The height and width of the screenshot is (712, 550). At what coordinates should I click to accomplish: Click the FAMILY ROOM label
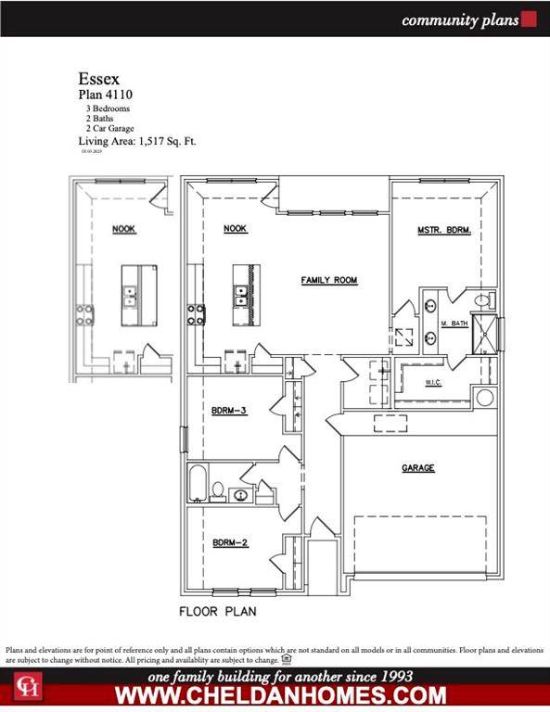coord(328,280)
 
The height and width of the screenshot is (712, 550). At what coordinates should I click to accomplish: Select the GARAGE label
coord(418,468)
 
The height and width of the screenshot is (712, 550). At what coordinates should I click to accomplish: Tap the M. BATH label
coord(452,323)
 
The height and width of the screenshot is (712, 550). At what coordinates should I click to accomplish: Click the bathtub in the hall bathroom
coord(198,485)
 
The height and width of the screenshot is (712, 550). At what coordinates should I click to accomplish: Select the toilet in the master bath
coord(483,300)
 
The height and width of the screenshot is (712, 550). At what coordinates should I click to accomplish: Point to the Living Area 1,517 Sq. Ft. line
coord(136,141)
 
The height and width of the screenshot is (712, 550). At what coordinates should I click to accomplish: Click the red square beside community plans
coord(530,19)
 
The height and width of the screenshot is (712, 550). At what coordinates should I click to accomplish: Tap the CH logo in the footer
coord(25,686)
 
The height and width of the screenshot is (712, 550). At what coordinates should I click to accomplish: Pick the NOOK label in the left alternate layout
coord(124,229)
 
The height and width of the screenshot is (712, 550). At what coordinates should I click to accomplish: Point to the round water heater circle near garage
coord(484,398)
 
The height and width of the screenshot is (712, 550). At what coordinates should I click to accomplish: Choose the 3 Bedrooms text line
coord(109,108)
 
